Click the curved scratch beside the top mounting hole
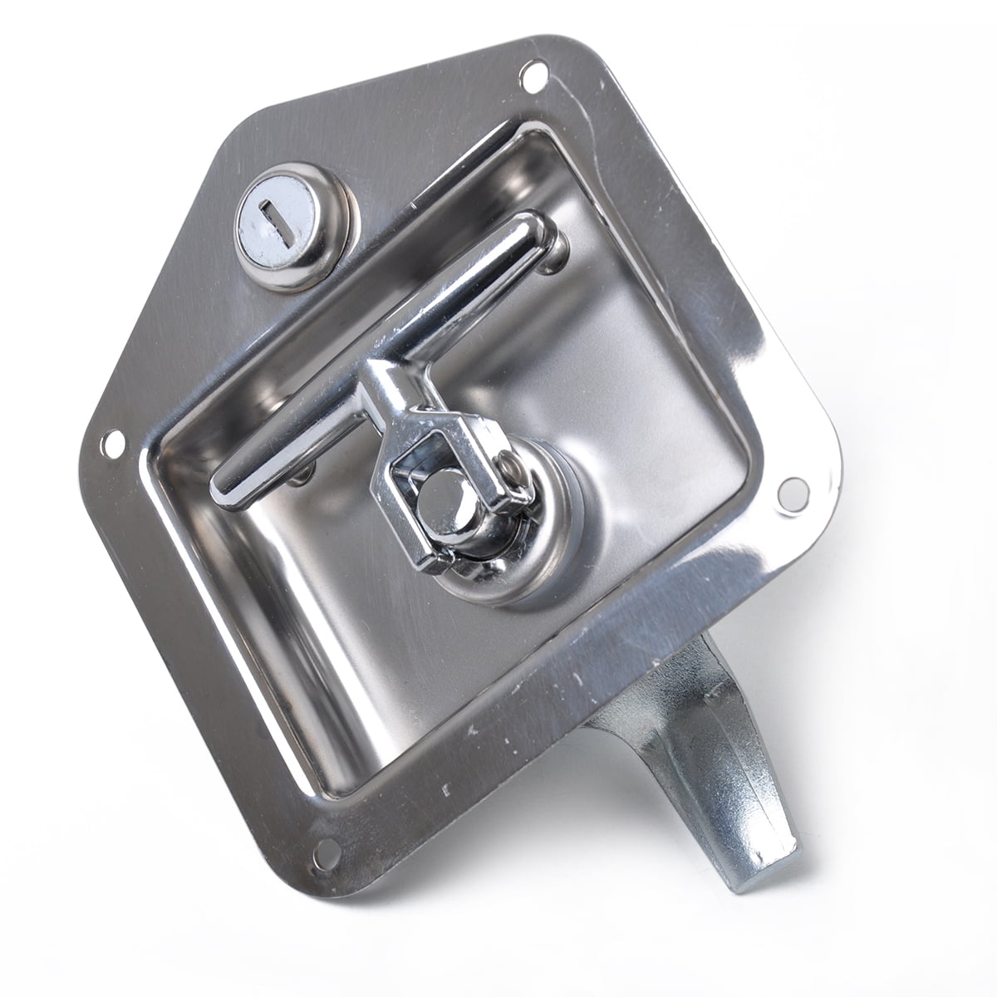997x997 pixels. tap(573, 91)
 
